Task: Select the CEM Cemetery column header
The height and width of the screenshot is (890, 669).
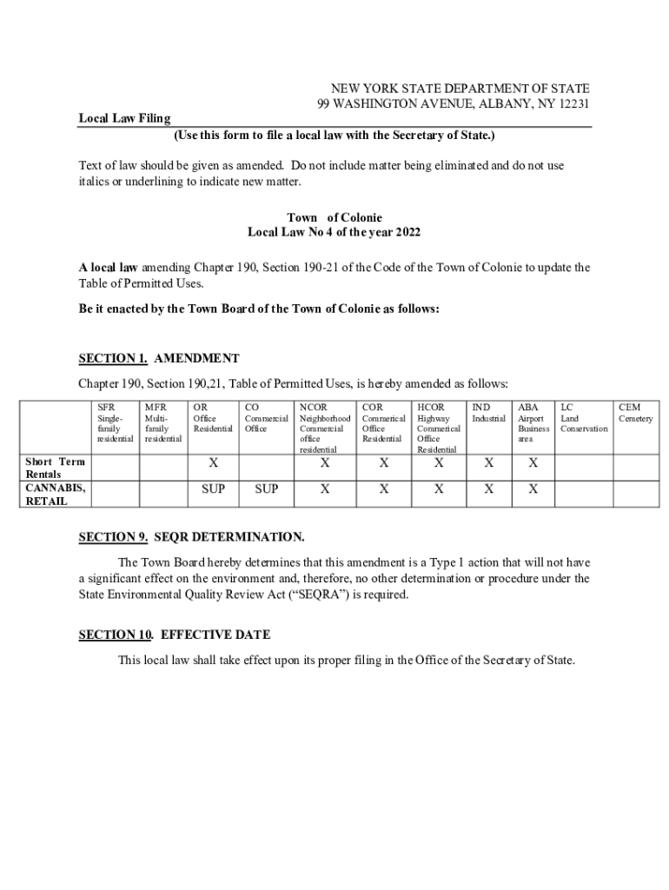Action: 635,412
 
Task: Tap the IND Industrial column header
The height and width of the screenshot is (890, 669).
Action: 488,412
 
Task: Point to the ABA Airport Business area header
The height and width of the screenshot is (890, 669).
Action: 533,422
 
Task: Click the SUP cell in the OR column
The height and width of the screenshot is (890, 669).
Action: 213,489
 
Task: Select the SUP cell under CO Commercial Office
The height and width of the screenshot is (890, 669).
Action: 266,489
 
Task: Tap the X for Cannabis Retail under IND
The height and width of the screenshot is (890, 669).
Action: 488,489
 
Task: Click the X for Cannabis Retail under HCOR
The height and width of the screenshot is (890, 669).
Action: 439,489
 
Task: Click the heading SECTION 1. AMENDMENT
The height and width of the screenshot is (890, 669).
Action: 159,358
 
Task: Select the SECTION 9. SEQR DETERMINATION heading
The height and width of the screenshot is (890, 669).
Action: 191,537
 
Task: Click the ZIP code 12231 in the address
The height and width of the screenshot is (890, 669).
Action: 573,104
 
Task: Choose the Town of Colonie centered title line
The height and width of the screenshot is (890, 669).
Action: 334,217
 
